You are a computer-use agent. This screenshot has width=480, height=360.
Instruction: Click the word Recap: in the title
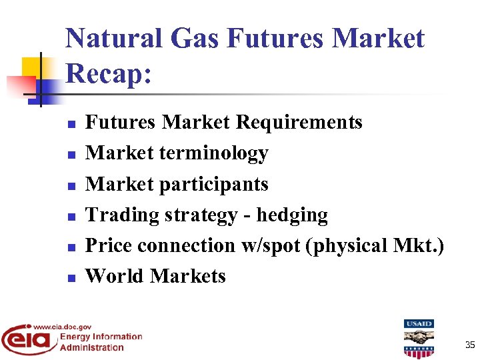109,73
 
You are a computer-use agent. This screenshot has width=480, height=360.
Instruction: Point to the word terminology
213,153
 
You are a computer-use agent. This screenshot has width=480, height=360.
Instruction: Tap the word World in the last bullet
115,276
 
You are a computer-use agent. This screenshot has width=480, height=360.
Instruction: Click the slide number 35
470,345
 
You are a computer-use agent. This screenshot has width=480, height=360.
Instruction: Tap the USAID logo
418,338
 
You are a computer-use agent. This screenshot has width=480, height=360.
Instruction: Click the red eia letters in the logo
29,340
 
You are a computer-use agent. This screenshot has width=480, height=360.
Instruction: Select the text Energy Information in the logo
101,337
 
